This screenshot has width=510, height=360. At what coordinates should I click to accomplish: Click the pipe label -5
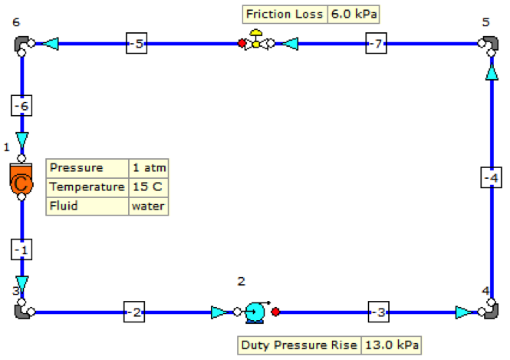(x=137, y=45)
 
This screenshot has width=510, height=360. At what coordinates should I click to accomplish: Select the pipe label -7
(x=375, y=45)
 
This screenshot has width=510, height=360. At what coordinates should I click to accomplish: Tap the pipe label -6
(x=21, y=106)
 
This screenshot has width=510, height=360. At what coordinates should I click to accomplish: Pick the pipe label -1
(x=21, y=249)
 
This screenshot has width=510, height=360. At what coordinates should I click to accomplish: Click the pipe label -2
(x=134, y=312)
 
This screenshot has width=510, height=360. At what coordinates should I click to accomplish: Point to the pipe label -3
(x=379, y=312)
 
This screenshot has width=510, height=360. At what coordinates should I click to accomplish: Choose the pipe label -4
(x=491, y=178)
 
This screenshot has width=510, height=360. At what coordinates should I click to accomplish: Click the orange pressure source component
(x=21, y=181)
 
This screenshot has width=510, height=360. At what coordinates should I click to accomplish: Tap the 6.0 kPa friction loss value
(x=354, y=14)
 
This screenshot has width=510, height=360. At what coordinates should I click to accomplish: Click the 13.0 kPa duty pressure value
(x=390, y=345)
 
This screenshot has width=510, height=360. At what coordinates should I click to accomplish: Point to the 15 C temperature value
(x=147, y=187)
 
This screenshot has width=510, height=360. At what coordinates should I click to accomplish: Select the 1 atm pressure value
(x=147, y=167)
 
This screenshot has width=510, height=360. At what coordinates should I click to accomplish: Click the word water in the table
(x=147, y=206)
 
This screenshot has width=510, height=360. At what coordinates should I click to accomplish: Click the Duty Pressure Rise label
(x=299, y=345)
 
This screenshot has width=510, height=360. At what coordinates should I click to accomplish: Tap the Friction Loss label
(x=285, y=14)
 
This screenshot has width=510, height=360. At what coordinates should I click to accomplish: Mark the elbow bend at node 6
(x=21, y=44)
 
